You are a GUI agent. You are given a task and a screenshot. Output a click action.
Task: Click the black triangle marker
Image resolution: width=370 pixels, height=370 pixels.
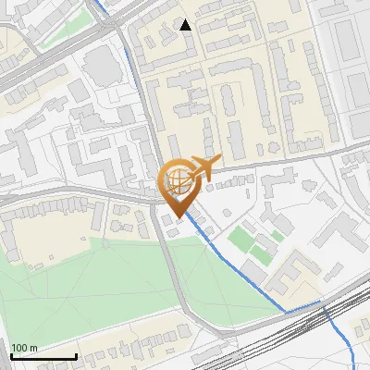click(x=186, y=25)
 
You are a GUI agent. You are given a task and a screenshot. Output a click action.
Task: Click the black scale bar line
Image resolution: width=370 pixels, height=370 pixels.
click(x=43, y=356)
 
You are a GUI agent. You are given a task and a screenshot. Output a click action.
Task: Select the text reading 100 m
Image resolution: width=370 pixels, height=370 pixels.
click(x=24, y=348)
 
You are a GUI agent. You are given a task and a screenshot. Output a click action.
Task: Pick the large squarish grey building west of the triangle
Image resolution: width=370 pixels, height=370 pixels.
click(x=100, y=65)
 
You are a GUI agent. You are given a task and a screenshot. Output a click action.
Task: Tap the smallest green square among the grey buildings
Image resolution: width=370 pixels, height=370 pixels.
click(x=277, y=236)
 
